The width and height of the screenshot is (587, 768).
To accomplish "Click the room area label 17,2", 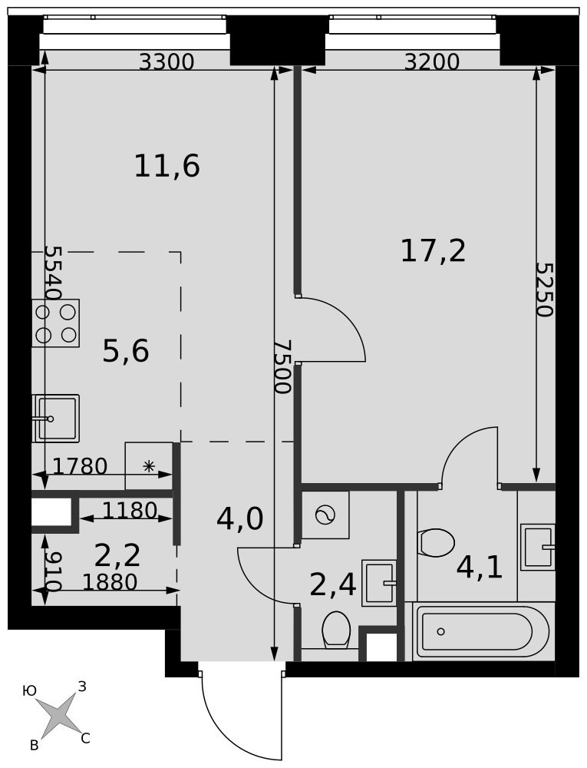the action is coord(433,251).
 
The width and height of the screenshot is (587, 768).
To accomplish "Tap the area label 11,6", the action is coord(167,166).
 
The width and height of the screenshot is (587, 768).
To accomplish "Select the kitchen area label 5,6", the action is coord(126,351).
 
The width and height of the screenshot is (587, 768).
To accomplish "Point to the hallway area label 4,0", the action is coord(239,519).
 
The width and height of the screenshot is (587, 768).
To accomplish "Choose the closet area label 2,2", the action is coord(117,555).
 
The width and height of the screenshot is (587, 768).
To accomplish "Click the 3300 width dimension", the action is coord(167,62).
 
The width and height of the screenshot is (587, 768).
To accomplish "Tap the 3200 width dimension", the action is coord(432,62).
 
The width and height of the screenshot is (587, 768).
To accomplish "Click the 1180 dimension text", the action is coord(130,511).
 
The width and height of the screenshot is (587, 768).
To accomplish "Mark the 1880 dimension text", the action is coord(110,582).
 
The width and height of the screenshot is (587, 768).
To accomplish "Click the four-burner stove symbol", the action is coord(56,323).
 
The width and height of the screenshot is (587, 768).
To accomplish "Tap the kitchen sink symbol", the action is coord(56,419).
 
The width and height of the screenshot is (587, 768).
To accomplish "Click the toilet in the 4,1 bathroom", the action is coord(437,543).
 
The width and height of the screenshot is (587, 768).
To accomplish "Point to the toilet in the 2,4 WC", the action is coord(336,630).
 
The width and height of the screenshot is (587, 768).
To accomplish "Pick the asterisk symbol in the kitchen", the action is coord(149,466).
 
